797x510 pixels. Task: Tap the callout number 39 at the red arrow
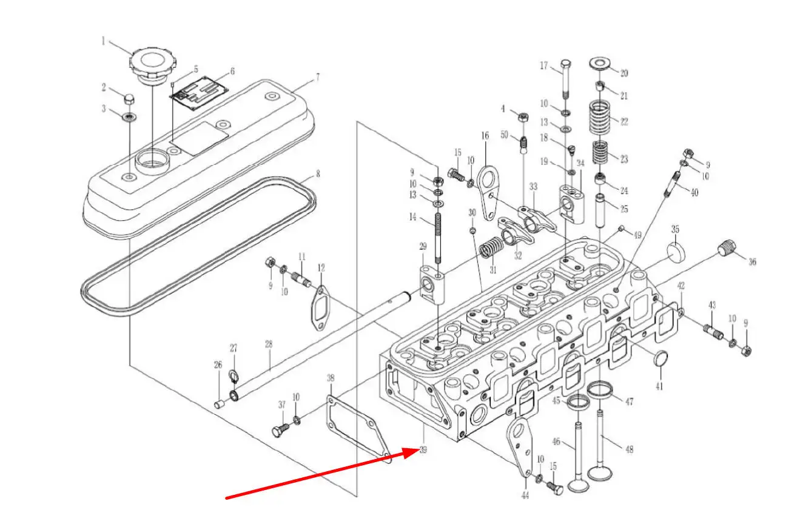[423, 450]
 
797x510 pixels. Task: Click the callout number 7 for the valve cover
[318, 77]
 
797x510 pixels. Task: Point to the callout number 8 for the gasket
[318, 173]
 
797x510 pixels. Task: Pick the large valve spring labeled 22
[600, 117]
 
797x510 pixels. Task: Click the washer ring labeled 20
[600, 64]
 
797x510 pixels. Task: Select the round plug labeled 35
[676, 252]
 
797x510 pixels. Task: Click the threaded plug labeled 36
[727, 247]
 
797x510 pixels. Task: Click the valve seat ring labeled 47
[600, 390]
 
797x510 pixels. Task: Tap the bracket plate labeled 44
[520, 448]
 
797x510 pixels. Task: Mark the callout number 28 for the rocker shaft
[269, 344]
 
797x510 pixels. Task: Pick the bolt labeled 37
[280, 431]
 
